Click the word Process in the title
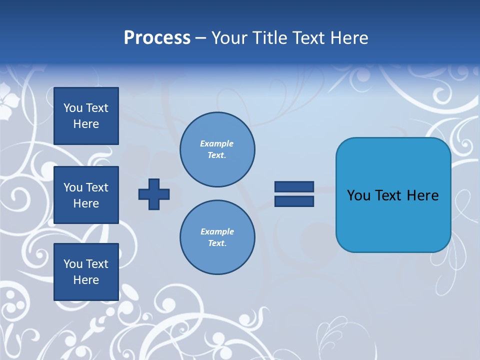tap(157, 38)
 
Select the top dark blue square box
tap(86, 116)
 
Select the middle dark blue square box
tap(86, 195)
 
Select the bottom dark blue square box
tap(86, 271)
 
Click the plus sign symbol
tap(154, 194)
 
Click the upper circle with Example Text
tap(217, 149)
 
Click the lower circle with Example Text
tap(217, 237)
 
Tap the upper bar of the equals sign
tap(294, 186)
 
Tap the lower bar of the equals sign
tap(294, 201)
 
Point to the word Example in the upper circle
tap(216, 143)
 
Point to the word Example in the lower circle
tap(217, 231)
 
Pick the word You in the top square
tap(72, 108)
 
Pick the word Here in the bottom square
tap(86, 280)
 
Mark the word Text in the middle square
tap(97, 187)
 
